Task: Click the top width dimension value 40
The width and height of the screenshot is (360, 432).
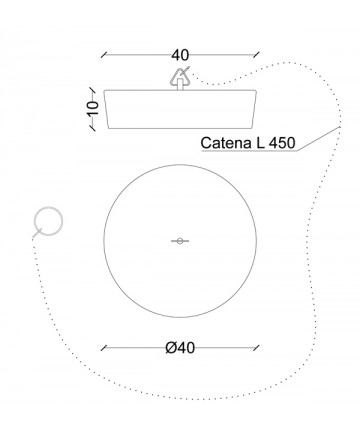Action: [180, 55]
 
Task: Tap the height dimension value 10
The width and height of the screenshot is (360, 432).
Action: [93, 108]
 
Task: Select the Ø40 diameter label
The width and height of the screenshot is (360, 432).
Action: [180, 348]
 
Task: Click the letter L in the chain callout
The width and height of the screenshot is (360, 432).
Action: [260, 143]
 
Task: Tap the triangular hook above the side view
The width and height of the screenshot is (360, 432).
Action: [180, 77]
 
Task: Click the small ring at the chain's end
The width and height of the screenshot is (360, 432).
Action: [49, 221]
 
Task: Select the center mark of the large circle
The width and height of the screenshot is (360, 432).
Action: [180, 241]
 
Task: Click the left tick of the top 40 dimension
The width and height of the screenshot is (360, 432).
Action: [104, 55]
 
